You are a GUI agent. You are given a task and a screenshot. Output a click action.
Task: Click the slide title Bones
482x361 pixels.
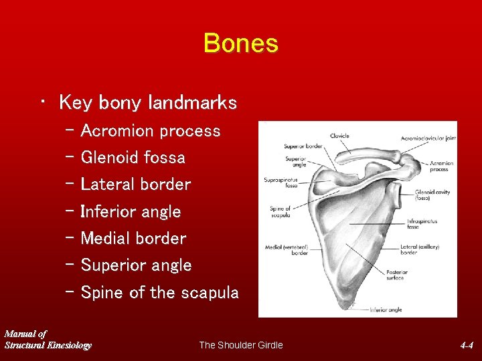point(240,43)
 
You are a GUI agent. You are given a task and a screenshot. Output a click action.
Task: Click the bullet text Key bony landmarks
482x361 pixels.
point(147,102)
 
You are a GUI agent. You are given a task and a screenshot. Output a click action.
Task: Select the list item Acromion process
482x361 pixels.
point(150,131)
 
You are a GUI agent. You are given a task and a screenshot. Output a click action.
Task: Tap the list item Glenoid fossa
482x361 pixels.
point(133,158)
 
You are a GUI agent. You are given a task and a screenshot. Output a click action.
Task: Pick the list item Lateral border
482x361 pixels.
point(135,185)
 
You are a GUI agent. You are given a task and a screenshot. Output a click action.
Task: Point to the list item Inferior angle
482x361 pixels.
point(131,212)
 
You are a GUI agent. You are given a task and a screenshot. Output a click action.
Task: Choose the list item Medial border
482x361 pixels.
point(133,239)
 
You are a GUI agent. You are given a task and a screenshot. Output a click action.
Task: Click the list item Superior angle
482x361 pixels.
point(136,265)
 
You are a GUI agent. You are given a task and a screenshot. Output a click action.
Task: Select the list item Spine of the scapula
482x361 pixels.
point(159,293)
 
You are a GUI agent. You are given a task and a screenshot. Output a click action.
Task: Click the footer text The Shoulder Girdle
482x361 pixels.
point(241,345)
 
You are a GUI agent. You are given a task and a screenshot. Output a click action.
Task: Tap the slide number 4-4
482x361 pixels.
point(467,346)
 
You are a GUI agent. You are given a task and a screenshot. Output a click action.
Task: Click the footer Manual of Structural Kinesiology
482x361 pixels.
point(47,340)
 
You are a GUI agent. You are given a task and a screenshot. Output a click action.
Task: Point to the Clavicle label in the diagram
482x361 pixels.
point(339,136)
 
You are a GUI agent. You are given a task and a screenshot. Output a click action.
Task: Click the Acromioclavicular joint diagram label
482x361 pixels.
point(428,138)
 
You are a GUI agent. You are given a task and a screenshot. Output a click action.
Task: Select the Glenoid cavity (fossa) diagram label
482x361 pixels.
point(432,195)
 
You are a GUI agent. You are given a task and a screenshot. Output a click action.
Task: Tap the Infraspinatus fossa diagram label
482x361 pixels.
point(422,224)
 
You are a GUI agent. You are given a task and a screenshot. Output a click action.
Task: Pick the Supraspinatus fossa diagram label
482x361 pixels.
point(281,183)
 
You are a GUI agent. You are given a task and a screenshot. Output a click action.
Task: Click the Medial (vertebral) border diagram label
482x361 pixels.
point(287,249)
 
